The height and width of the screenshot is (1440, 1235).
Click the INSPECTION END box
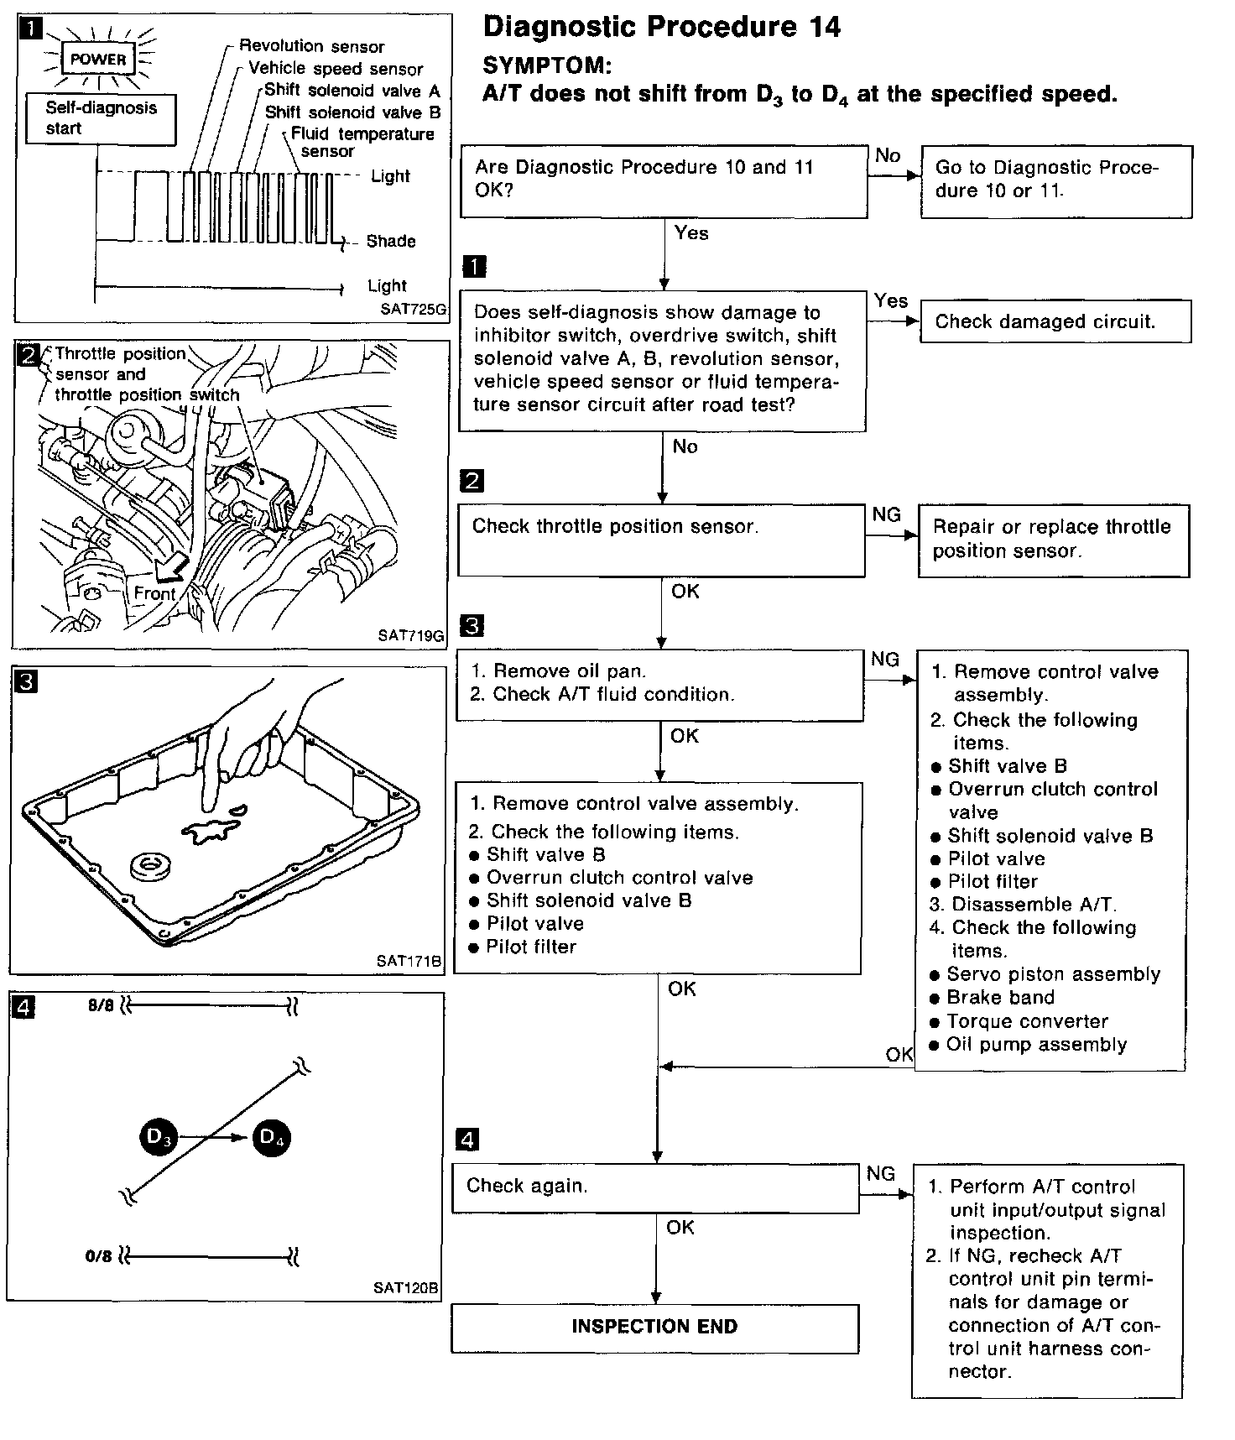654,1327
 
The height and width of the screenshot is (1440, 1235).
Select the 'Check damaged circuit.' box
1055,321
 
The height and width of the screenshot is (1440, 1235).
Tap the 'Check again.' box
655,1187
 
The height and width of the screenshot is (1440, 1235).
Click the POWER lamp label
98,60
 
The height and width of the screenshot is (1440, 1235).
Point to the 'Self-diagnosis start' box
101,118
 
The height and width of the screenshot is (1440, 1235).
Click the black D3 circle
158,1138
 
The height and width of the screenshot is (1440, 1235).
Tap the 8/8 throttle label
101,1005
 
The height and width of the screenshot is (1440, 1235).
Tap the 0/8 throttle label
98,1256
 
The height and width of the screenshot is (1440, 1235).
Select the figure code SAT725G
413,309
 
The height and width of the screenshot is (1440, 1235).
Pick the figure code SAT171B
409,961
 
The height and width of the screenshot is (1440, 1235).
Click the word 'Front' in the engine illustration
154,593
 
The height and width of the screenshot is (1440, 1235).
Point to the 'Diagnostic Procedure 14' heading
662,27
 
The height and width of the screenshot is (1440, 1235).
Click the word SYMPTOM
547,65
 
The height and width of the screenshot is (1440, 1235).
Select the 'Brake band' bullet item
1000,998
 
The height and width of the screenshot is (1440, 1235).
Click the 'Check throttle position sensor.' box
660,540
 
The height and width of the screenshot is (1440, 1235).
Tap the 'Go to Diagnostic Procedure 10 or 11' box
1056,180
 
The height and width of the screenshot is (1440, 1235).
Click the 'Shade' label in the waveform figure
391,242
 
